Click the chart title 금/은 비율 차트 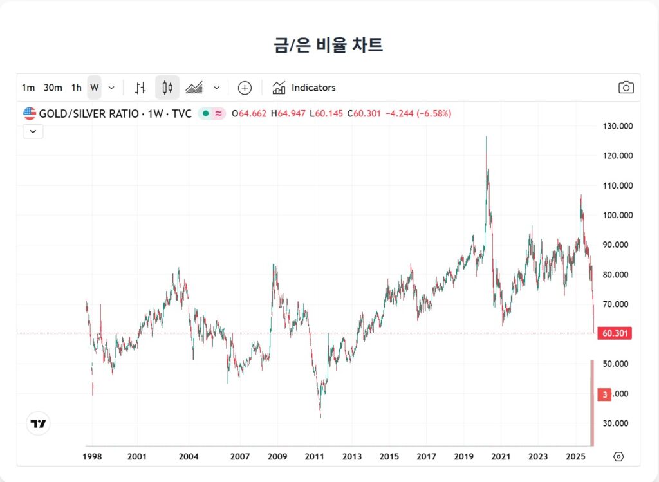(328, 45)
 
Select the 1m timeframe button (28, 88)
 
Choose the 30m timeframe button (53, 88)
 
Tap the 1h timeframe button (76, 88)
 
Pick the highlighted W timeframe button (95, 88)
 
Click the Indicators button (304, 88)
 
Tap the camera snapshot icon (626, 88)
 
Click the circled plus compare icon (245, 88)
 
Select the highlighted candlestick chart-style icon (167, 88)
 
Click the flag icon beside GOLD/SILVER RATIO (30, 113)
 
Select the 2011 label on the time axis (314, 457)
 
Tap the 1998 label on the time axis (92, 457)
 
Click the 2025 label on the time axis (575, 457)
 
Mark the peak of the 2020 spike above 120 (486, 137)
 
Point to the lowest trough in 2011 (320, 417)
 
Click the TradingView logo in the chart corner (39, 423)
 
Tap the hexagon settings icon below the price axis (618, 456)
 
